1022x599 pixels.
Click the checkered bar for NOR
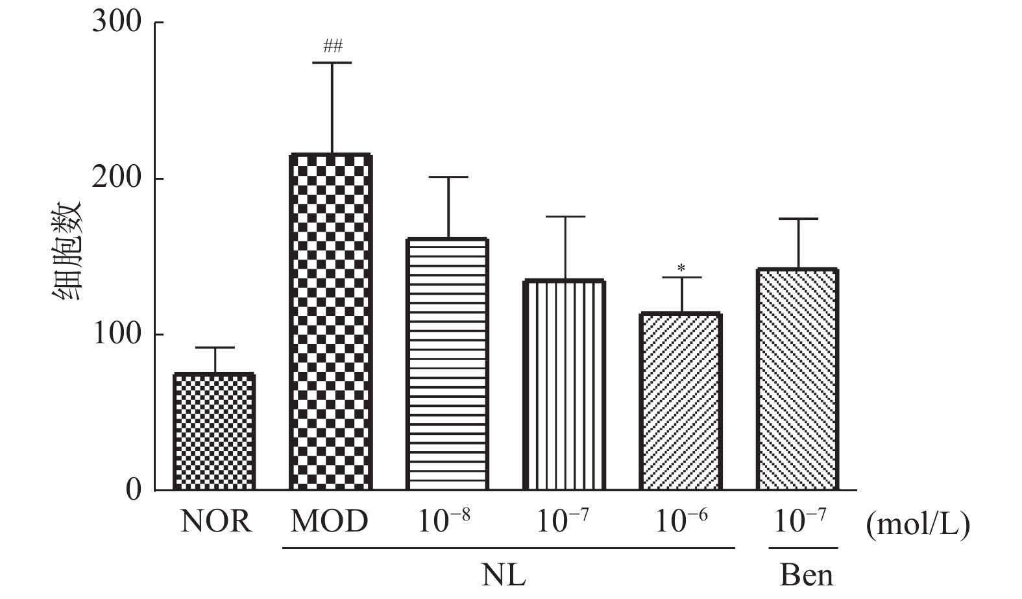click(214, 432)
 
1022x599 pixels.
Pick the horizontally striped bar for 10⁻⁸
click(447, 363)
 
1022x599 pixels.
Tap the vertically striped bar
click(564, 385)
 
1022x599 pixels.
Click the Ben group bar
click(797, 380)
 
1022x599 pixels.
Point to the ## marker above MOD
click(332, 46)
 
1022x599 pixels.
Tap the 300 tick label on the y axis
click(117, 22)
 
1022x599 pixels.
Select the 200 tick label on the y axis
click(117, 178)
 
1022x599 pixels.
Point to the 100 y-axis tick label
click(117, 334)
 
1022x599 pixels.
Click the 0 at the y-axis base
click(133, 490)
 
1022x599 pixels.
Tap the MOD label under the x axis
click(329, 521)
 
